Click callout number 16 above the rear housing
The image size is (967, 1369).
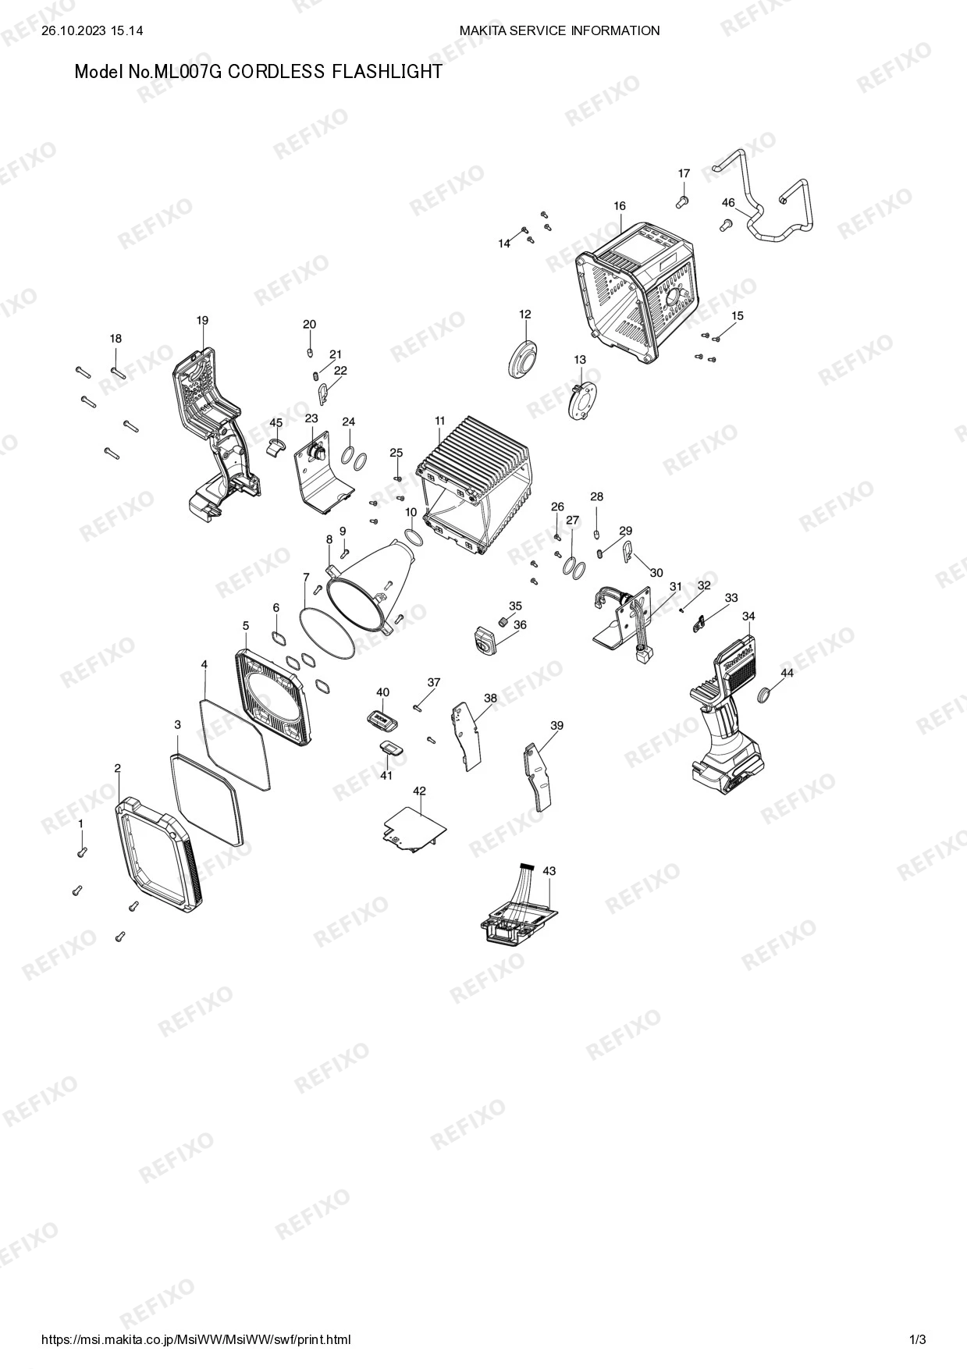[620, 206]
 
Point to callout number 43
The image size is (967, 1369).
[549, 870]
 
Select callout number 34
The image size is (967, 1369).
[748, 616]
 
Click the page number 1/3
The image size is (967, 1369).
[918, 1339]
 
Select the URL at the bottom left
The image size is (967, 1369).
[195, 1339]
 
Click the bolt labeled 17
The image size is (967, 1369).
[682, 202]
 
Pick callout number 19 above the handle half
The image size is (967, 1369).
[202, 320]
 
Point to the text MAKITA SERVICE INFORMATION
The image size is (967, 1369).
[560, 30]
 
